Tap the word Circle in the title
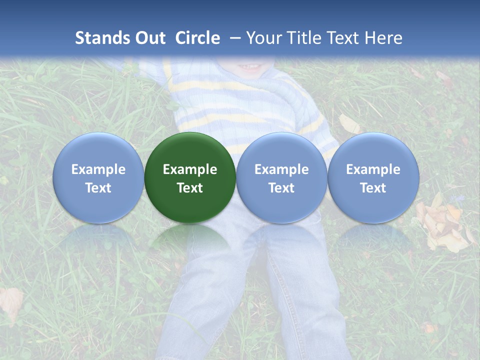click(197, 38)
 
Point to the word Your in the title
click(262, 38)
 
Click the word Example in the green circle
click(190, 169)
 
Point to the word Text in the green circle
click(190, 188)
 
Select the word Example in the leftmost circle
click(98, 169)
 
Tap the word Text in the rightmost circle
click(373, 188)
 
